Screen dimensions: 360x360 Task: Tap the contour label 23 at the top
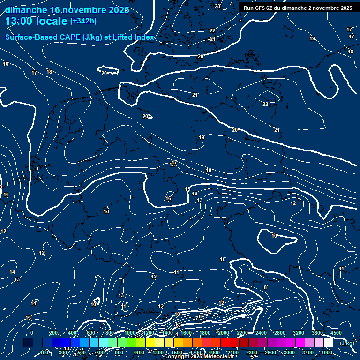click(x=217, y=6)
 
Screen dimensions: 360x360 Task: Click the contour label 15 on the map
click(x=187, y=189)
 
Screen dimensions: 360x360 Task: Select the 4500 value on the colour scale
click(x=336, y=333)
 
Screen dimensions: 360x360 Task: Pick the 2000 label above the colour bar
click(x=224, y=333)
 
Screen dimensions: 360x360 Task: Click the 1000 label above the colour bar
click(x=130, y=333)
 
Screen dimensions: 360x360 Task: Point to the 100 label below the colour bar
click(x=44, y=352)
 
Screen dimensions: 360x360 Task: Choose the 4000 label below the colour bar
click(x=327, y=352)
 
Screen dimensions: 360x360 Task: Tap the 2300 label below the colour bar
click(x=252, y=352)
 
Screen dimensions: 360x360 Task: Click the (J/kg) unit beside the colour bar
click(x=347, y=343)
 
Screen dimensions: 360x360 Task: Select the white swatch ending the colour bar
click(x=328, y=343)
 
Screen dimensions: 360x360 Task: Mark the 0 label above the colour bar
click(x=32, y=333)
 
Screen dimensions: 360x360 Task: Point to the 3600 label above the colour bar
click(x=317, y=333)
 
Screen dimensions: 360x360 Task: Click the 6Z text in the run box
click(x=273, y=8)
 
